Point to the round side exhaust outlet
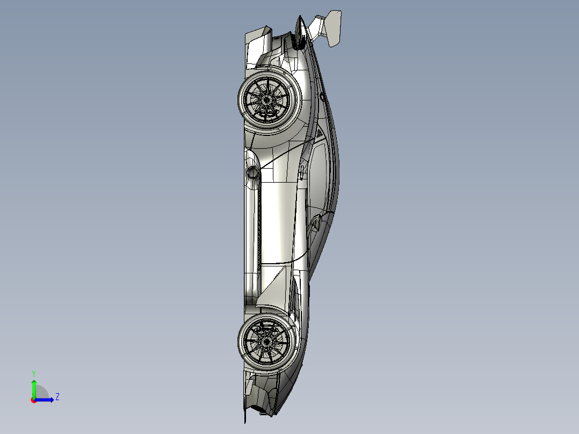[252, 172]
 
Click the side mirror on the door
[316, 223]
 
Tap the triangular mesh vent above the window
[319, 132]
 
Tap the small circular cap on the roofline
[322, 97]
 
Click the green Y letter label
[33, 373]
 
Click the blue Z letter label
[57, 397]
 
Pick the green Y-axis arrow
[33, 387]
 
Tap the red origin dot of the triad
[33, 400]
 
